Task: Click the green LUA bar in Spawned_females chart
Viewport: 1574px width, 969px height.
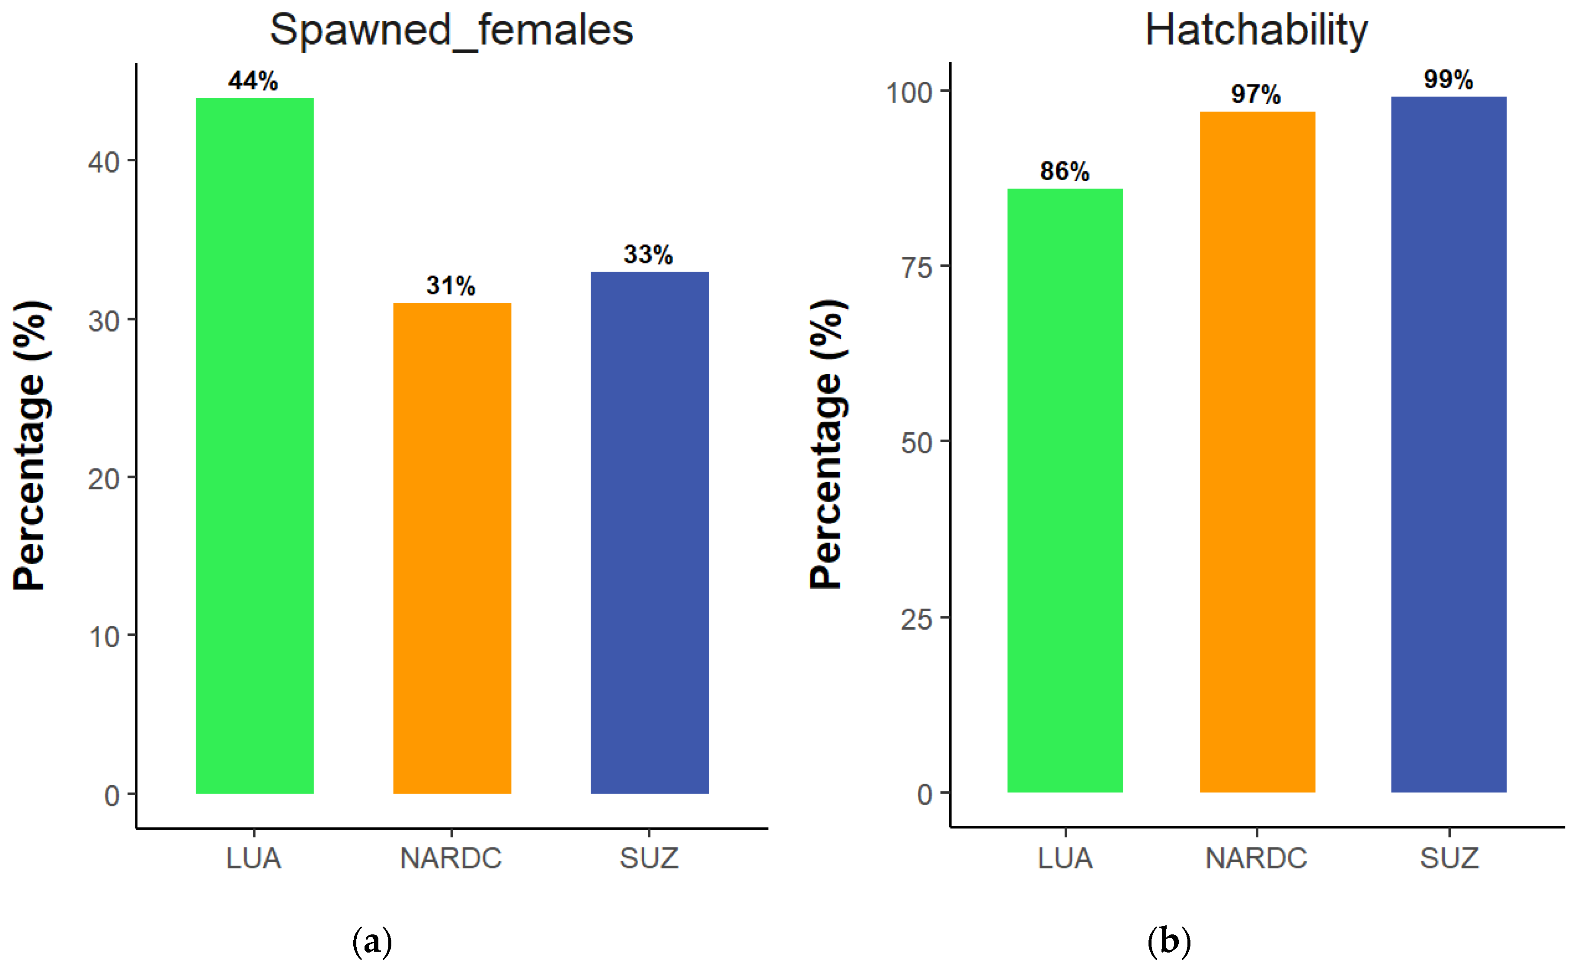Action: [254, 446]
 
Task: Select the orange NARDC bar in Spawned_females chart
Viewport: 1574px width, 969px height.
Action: [451, 548]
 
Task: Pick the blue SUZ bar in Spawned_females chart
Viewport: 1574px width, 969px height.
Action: [649, 532]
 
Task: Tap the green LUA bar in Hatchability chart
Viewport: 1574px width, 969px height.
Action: [1064, 490]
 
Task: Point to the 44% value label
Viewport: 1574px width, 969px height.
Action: [253, 81]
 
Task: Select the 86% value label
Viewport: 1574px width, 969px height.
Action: [1064, 171]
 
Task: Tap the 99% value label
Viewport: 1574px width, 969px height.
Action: [1448, 80]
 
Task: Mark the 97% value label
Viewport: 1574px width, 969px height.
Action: [1256, 95]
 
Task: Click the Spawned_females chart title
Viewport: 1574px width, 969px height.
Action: [451, 30]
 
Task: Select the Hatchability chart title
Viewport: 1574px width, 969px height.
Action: [1256, 30]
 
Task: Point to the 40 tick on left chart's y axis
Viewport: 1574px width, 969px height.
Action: [104, 162]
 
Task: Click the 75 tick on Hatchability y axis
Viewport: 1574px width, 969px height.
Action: [916, 267]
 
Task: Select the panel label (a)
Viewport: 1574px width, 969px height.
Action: [372, 941]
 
